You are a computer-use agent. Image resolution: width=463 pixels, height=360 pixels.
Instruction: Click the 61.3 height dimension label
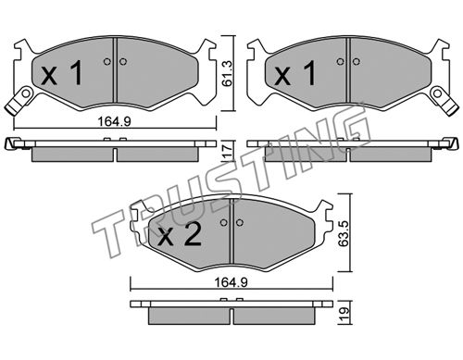coord(228,73)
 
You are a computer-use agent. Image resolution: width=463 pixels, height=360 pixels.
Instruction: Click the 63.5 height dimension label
coord(344,233)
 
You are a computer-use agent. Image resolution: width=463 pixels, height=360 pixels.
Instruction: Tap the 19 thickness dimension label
coord(344,314)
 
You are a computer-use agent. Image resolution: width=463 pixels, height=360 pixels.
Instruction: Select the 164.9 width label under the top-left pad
coord(115,121)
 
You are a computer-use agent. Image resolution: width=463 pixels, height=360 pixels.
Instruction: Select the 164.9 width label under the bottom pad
coord(231,282)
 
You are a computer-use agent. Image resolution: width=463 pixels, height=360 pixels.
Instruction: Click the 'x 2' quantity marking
coord(180,234)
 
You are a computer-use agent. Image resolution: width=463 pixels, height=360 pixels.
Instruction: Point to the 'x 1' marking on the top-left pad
coord(62,73)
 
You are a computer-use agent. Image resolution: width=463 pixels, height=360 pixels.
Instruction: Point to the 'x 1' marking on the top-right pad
coord(295,73)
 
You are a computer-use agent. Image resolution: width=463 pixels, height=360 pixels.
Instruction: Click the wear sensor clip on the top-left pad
coord(19,101)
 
